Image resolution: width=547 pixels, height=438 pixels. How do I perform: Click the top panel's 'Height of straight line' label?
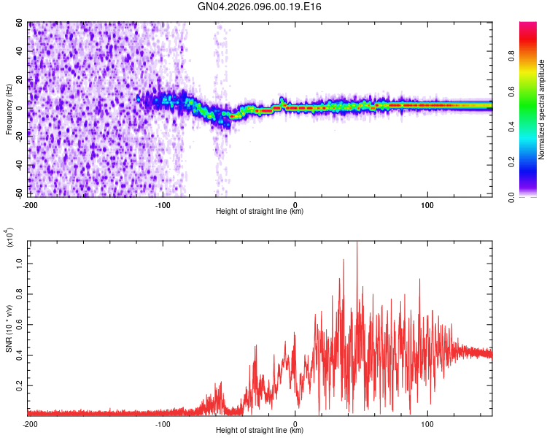pyautogui.click(x=260, y=212)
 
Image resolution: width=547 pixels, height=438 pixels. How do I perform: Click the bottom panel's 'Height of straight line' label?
pyautogui.click(x=260, y=430)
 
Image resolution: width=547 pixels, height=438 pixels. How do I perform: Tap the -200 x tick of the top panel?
pyautogui.click(x=30, y=204)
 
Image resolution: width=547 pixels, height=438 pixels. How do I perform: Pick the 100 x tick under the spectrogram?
pyautogui.click(x=427, y=204)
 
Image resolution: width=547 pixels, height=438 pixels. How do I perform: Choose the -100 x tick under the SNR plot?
pyautogui.click(x=163, y=423)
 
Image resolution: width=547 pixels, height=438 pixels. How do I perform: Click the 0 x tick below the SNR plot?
pyautogui.click(x=295, y=423)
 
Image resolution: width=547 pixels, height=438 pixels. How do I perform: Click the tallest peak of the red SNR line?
pyautogui.click(x=357, y=244)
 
